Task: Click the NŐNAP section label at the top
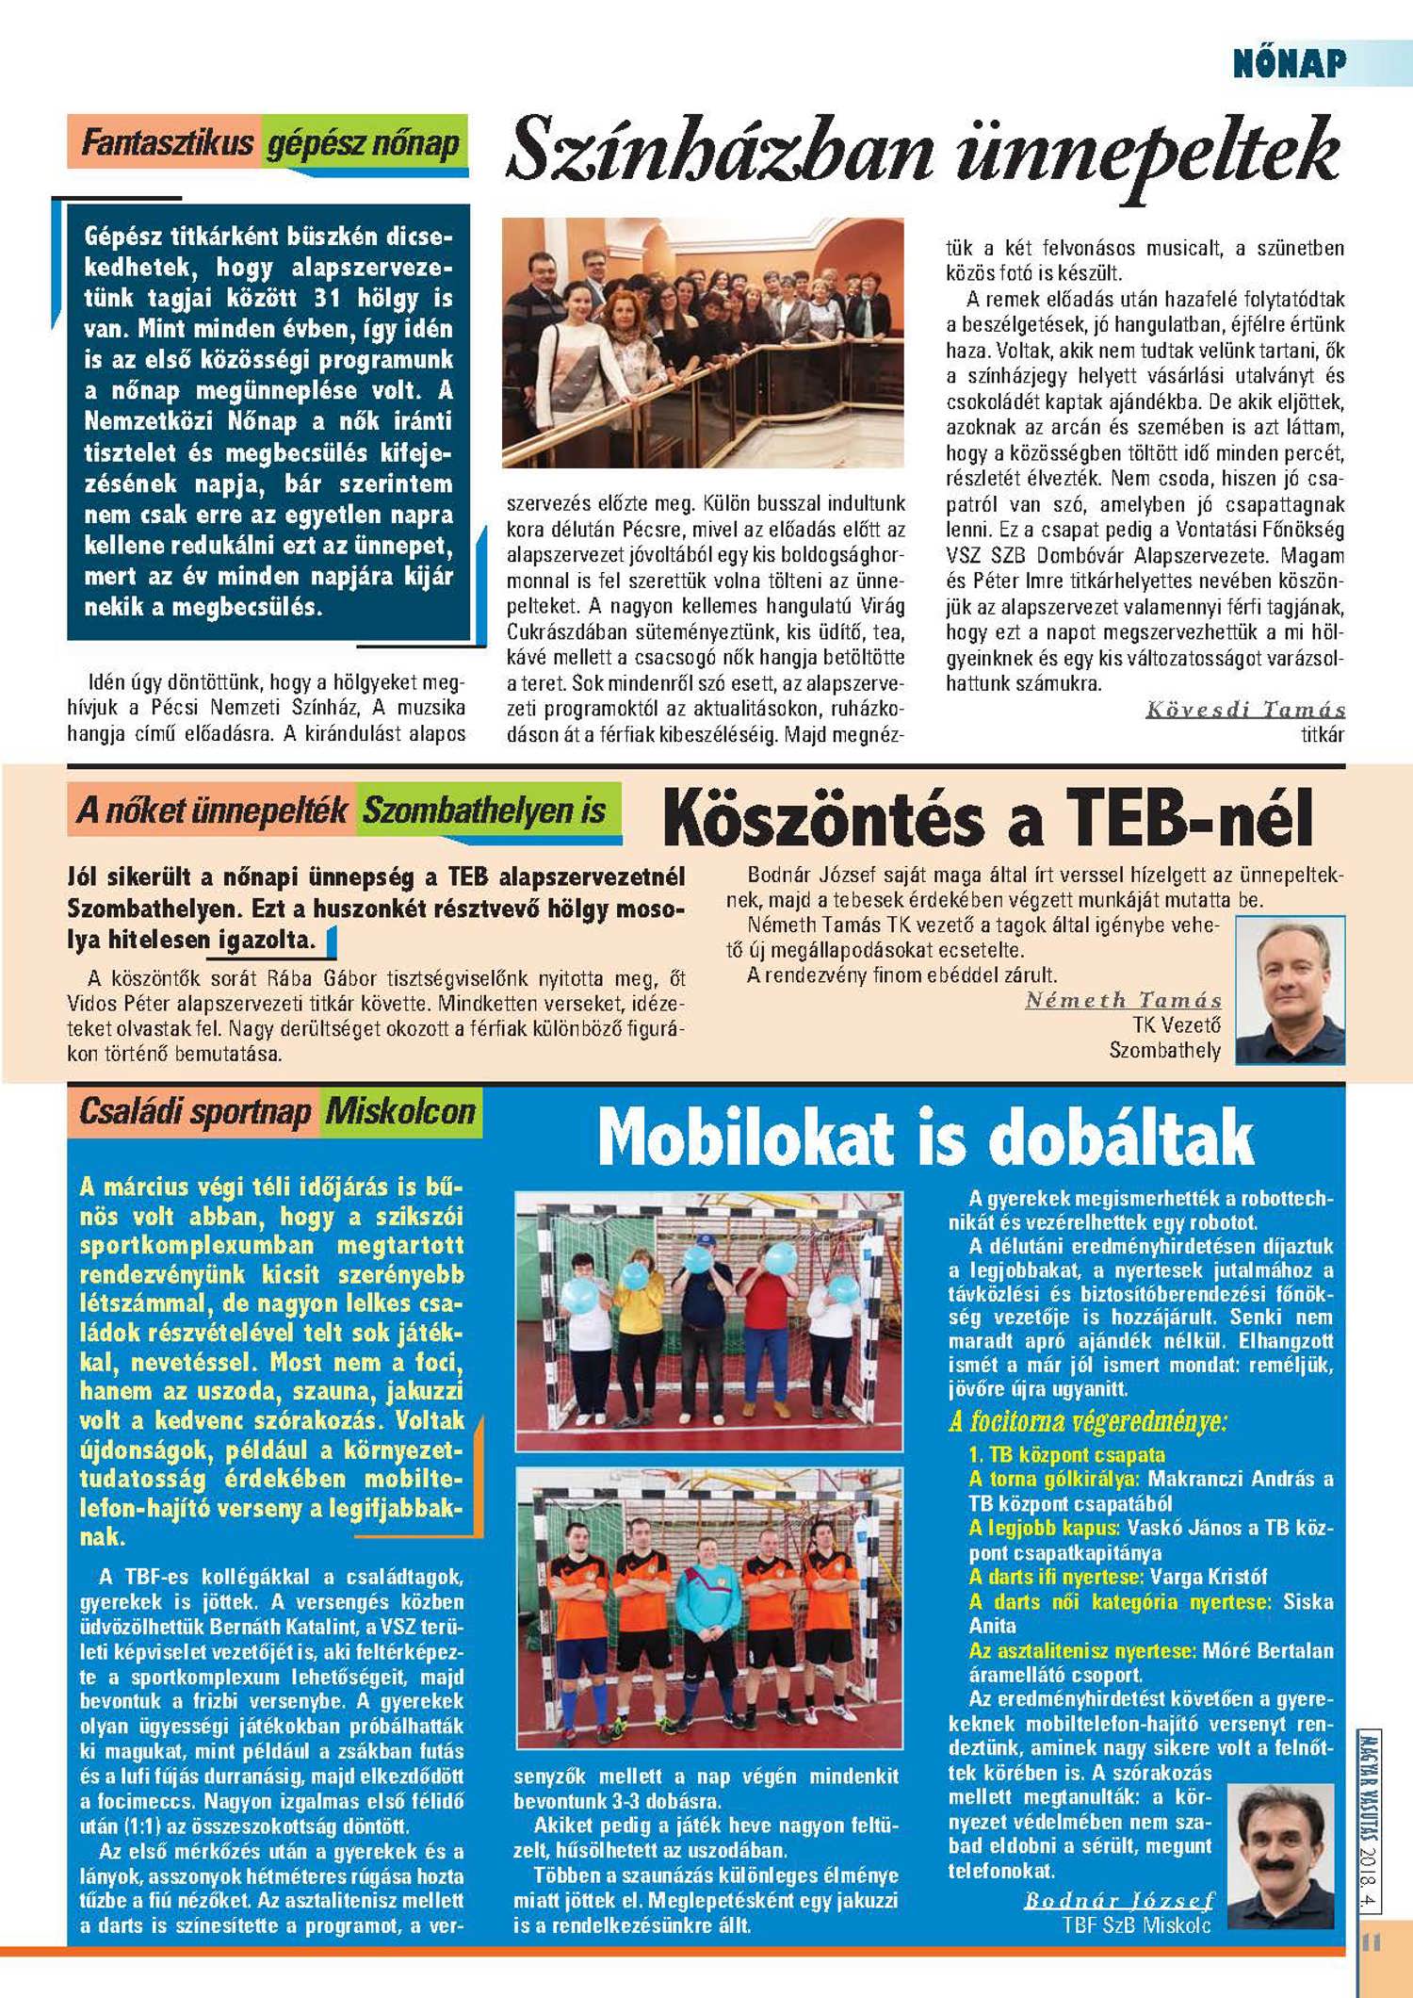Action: point(1290,63)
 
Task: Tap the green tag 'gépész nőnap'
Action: point(364,143)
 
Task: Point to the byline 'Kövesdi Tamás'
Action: point(1245,710)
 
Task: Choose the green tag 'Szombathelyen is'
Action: point(485,811)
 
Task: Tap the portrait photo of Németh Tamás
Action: point(1290,991)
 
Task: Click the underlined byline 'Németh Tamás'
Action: point(1123,1000)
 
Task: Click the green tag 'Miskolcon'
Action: point(400,1112)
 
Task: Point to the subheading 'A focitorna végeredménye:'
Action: point(1088,1421)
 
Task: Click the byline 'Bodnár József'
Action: point(1119,1900)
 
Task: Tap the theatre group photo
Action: point(703,343)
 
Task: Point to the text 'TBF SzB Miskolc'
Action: point(1136,1924)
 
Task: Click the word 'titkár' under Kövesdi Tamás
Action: point(1323,734)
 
